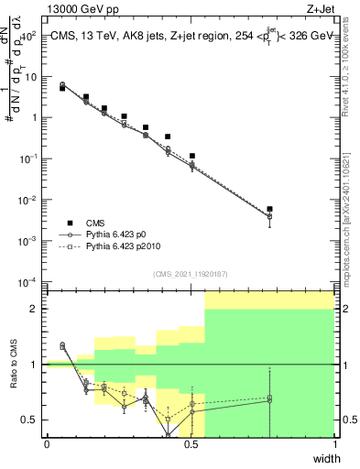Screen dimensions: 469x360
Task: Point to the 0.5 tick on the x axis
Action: pyautogui.click(x=191, y=445)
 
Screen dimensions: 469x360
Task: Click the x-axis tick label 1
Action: pyautogui.click(x=334, y=445)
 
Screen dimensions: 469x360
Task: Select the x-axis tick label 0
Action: pyautogui.click(x=47, y=445)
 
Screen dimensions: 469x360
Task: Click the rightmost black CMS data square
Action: pyautogui.click(x=269, y=210)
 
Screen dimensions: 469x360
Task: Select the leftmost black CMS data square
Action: pyautogui.click(x=62, y=88)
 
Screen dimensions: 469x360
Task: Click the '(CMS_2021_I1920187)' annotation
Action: pyautogui.click(x=191, y=273)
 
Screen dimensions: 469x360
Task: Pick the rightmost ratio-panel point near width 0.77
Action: pyautogui.click(x=269, y=399)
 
